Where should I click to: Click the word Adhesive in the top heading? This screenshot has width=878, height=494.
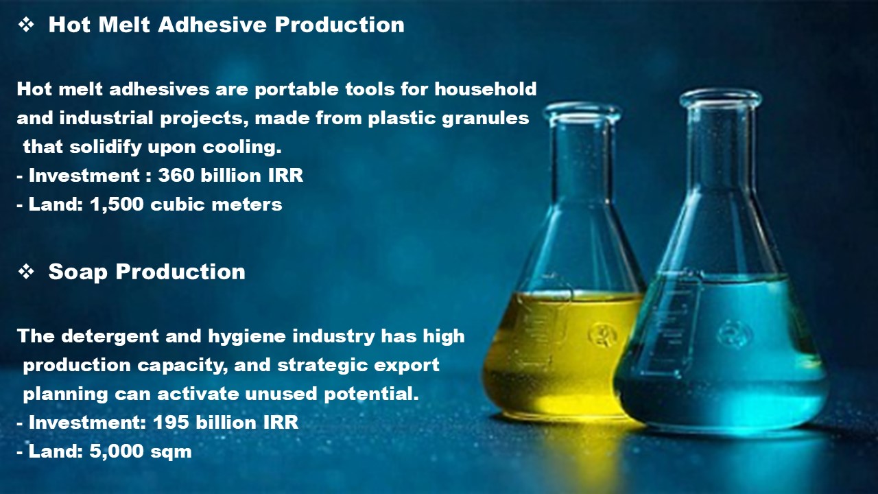click(213, 25)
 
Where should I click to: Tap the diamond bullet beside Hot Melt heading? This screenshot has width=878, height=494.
click(26, 25)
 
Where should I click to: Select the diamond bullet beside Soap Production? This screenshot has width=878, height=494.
click(26, 272)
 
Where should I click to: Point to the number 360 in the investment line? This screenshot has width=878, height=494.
click(176, 175)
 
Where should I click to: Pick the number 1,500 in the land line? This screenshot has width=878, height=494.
click(117, 204)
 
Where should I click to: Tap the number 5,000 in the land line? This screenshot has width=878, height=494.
click(117, 451)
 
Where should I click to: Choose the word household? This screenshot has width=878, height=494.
click(485, 89)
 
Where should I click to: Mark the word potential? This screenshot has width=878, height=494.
click(371, 394)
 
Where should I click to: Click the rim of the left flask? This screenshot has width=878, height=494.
click(582, 112)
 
